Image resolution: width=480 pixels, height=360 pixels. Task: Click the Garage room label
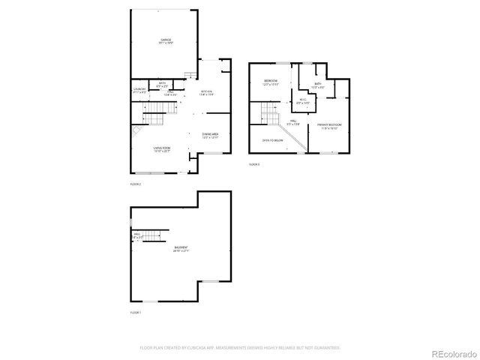[166, 41]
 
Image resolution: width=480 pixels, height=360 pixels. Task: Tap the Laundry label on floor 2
[139, 91]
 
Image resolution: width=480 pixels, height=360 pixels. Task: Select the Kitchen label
[207, 93]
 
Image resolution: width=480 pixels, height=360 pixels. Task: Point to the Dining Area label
[210, 136]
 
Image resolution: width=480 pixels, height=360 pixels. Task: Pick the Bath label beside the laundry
[163, 85]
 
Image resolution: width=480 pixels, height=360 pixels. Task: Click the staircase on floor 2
[154, 115]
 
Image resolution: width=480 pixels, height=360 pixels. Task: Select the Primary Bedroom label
[329, 126]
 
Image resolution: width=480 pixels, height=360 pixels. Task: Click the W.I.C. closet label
[302, 101]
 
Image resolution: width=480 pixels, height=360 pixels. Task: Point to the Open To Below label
[272, 140]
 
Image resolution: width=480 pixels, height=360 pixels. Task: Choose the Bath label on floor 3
[318, 85]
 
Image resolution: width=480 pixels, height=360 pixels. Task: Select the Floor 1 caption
[135, 311]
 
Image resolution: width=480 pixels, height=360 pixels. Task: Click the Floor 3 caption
[253, 163]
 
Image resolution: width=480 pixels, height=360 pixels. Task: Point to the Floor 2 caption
[135, 184]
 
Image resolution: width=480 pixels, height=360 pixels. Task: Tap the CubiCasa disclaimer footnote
[240, 347]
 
